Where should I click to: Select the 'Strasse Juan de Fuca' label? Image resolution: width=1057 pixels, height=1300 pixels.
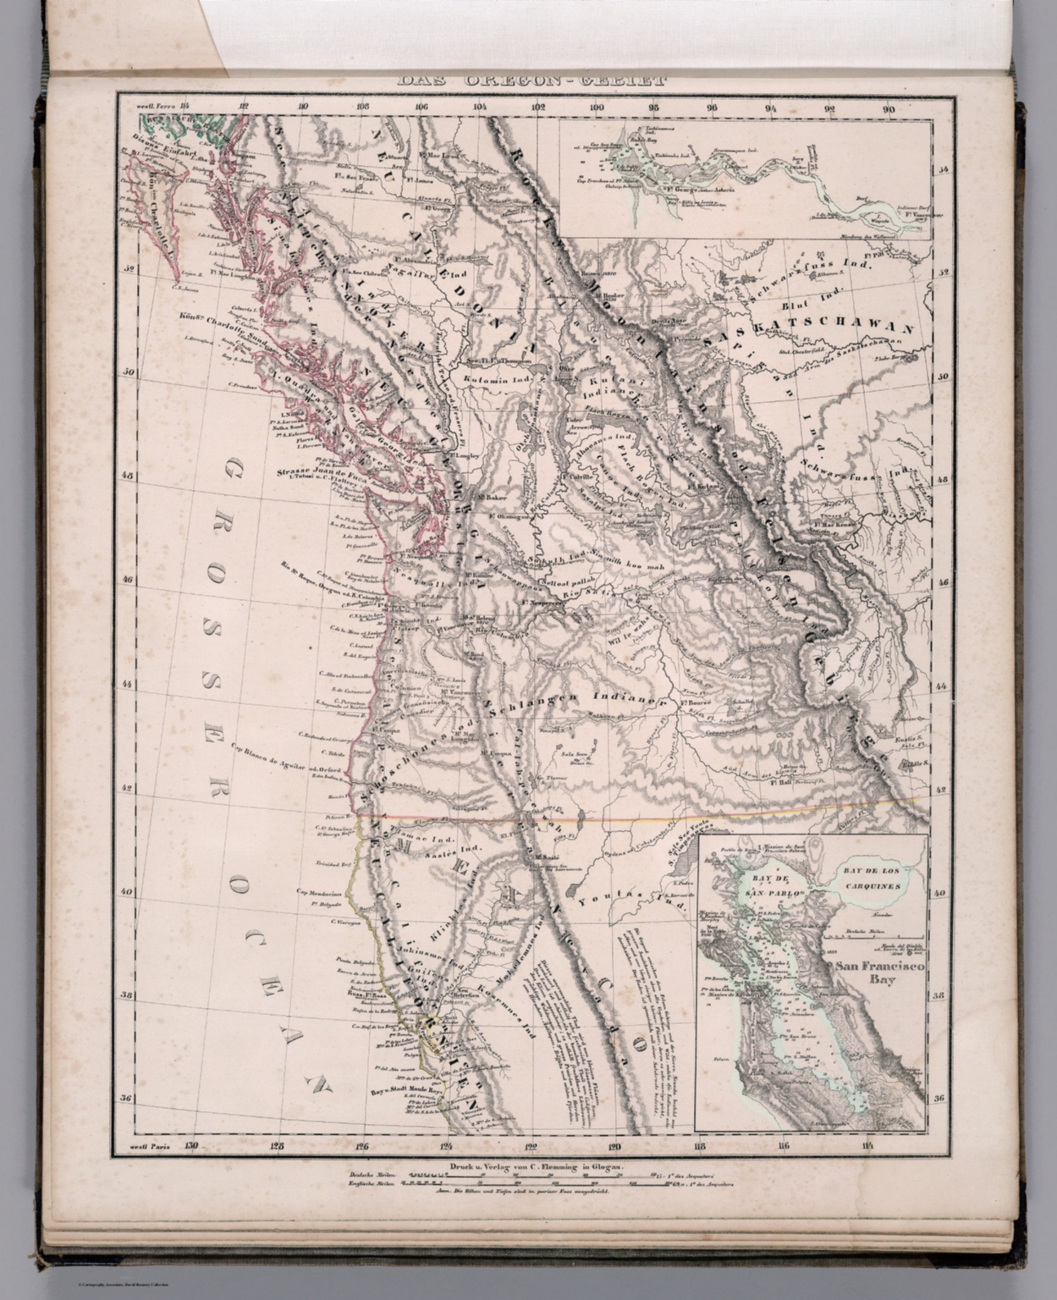pos(312,471)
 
